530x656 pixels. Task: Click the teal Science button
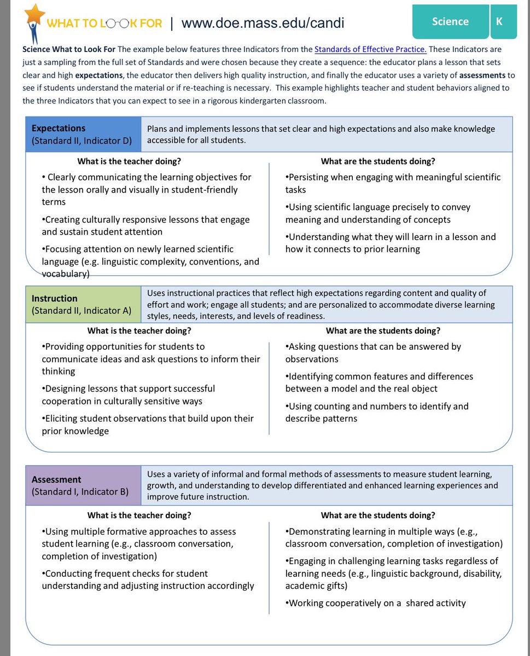tap(450, 22)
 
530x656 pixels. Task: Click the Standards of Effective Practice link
tap(370, 49)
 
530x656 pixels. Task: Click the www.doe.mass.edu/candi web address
tap(263, 23)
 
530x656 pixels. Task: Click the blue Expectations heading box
tap(84, 134)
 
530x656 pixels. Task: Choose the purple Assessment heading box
tap(84, 485)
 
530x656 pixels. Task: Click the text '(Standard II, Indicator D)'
tap(81, 141)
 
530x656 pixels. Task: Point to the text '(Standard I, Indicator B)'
tap(80, 491)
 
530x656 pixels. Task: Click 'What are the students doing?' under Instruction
tap(383, 331)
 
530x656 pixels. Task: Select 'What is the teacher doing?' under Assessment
tap(139, 515)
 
